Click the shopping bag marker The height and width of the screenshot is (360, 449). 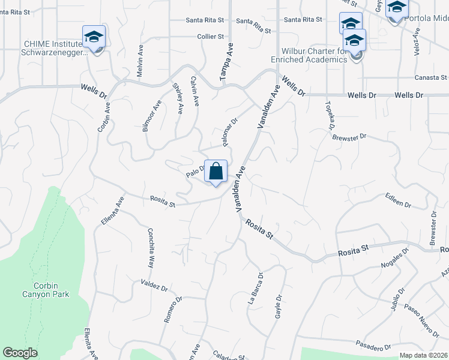click(x=215, y=172)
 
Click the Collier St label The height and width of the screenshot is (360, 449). click(x=210, y=37)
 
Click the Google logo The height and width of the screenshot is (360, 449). click(x=20, y=353)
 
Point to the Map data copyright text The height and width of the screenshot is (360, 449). click(x=424, y=355)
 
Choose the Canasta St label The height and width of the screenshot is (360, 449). click(x=432, y=77)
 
